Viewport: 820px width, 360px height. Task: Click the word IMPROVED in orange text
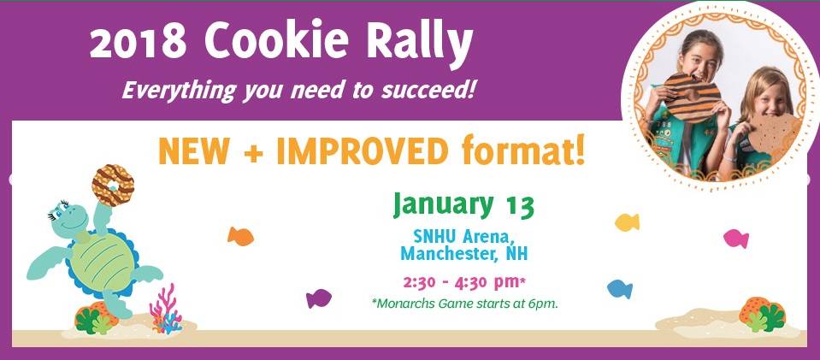click(362, 151)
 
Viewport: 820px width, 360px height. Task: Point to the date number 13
click(519, 205)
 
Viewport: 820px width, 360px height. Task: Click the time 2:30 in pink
click(418, 282)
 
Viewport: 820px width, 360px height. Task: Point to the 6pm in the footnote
click(546, 304)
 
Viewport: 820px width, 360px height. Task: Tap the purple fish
click(318, 298)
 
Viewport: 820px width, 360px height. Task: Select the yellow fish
click(627, 222)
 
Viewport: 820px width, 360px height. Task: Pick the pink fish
click(736, 239)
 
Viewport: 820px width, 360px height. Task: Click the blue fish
click(620, 289)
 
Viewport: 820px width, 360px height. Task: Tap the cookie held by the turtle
click(113, 186)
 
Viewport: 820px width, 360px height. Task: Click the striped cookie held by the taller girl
click(692, 97)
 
